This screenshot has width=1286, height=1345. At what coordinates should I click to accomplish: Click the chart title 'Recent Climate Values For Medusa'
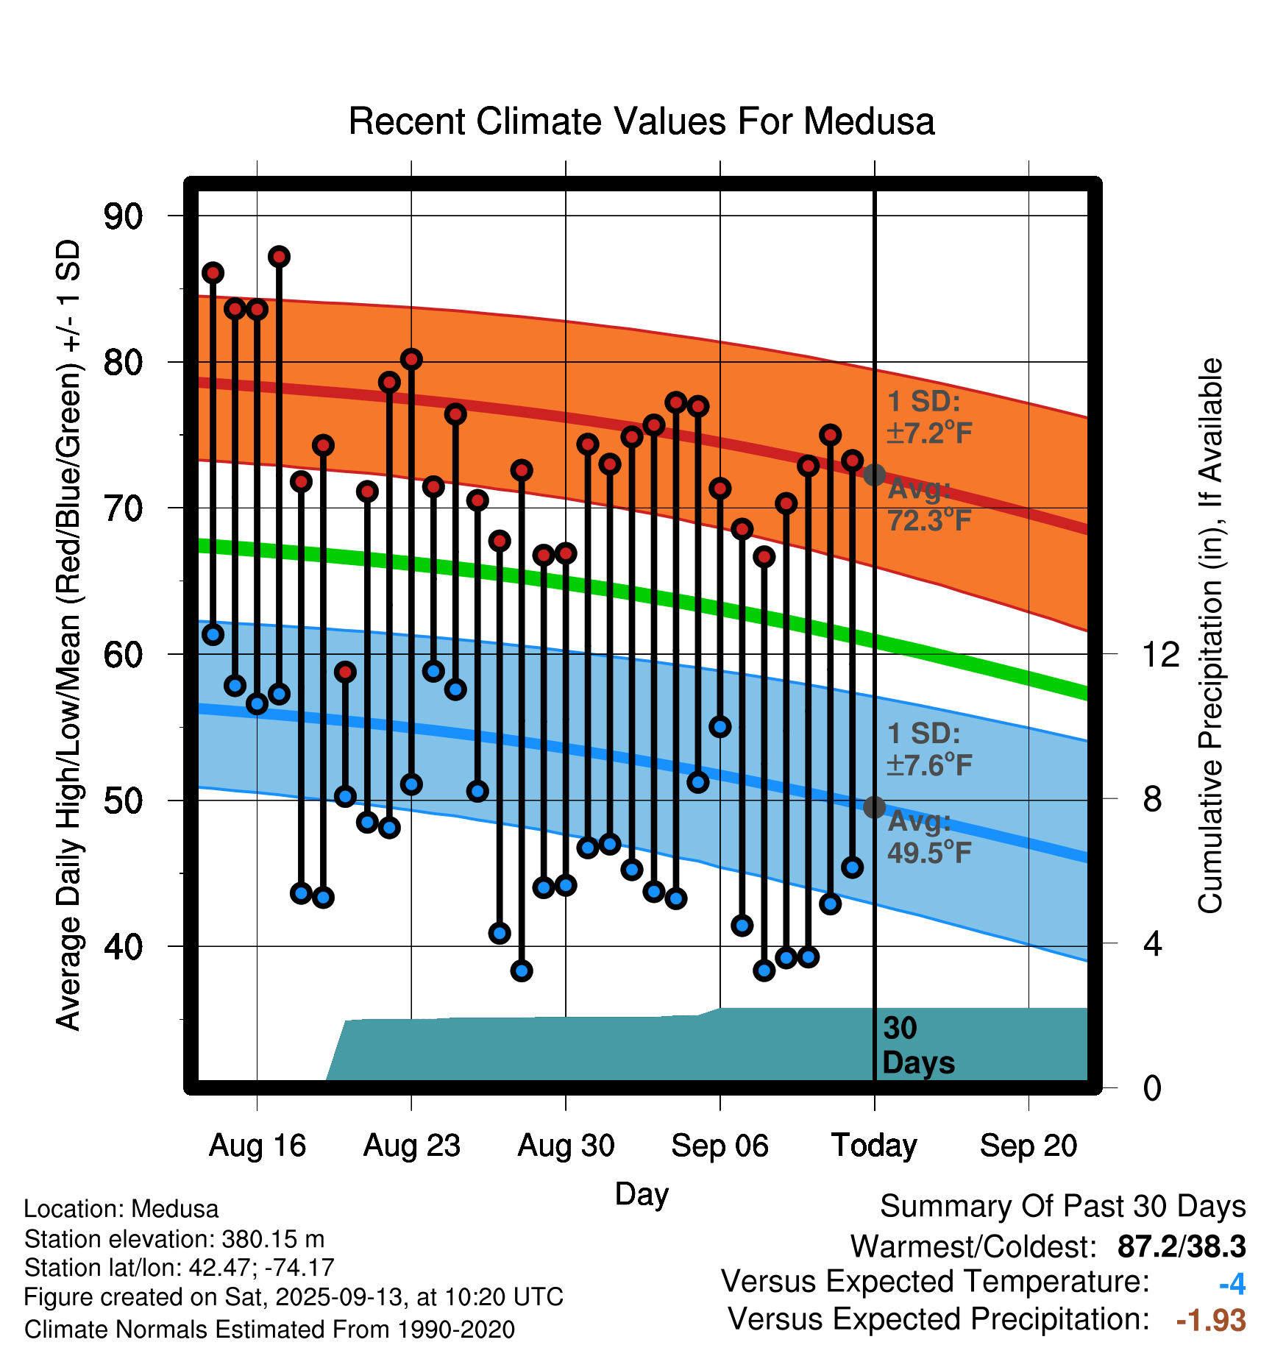pyautogui.click(x=642, y=121)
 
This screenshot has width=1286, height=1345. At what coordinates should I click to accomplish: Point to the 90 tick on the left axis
pyautogui.click(x=123, y=216)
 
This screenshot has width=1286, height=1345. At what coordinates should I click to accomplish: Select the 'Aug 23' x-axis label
pyautogui.click(x=411, y=1146)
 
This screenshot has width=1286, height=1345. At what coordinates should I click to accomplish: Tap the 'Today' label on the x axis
pyautogui.click(x=874, y=1146)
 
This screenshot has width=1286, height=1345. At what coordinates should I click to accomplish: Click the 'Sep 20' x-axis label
pyautogui.click(x=1029, y=1146)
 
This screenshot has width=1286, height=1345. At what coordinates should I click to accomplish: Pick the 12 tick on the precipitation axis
pyautogui.click(x=1160, y=654)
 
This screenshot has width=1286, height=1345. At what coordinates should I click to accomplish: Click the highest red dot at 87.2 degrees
pyautogui.click(x=279, y=257)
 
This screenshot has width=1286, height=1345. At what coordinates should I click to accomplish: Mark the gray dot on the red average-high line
pyautogui.click(x=874, y=475)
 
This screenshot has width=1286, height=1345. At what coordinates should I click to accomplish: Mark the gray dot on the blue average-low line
pyautogui.click(x=874, y=807)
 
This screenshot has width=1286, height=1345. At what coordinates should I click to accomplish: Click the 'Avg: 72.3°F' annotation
pyautogui.click(x=929, y=505)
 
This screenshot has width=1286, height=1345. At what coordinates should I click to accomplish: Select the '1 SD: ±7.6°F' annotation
pyautogui.click(x=929, y=749)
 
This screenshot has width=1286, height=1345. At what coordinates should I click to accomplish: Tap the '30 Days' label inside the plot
pyautogui.click(x=917, y=1046)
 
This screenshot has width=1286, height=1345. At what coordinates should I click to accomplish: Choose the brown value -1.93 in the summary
pyautogui.click(x=1211, y=1320)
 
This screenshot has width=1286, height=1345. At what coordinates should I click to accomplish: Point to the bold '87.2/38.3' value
pyautogui.click(x=1181, y=1246)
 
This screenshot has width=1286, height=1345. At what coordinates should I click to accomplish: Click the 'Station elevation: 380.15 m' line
pyautogui.click(x=174, y=1239)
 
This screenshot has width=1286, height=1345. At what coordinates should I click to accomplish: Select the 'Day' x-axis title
pyautogui.click(x=642, y=1193)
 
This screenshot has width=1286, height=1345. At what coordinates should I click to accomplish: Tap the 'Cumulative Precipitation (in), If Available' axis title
pyautogui.click(x=1210, y=636)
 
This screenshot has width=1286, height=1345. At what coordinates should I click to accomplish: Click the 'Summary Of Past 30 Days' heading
pyautogui.click(x=1062, y=1207)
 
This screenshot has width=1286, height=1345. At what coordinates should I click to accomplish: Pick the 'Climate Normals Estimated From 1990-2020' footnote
pyautogui.click(x=269, y=1330)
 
